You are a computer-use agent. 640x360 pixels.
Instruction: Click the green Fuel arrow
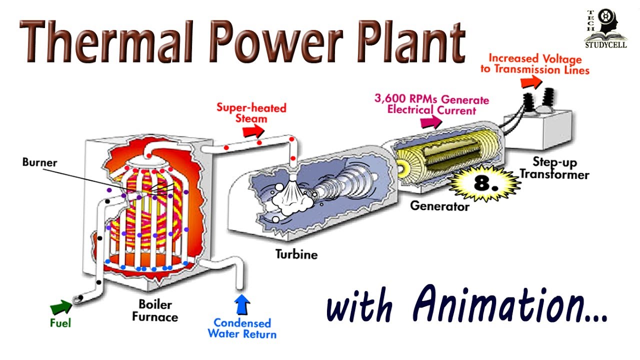61,305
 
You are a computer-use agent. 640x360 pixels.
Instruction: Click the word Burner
39,162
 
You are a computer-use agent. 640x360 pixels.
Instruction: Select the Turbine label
296,254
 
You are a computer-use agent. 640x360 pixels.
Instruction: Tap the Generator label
439,205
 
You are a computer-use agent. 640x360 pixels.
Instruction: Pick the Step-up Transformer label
553,168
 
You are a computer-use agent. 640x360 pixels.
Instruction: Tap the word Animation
510,303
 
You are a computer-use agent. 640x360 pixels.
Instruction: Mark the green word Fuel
60,323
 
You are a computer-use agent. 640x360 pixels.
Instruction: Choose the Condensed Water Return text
242,328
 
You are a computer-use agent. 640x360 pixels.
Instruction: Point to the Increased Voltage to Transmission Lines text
535,64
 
